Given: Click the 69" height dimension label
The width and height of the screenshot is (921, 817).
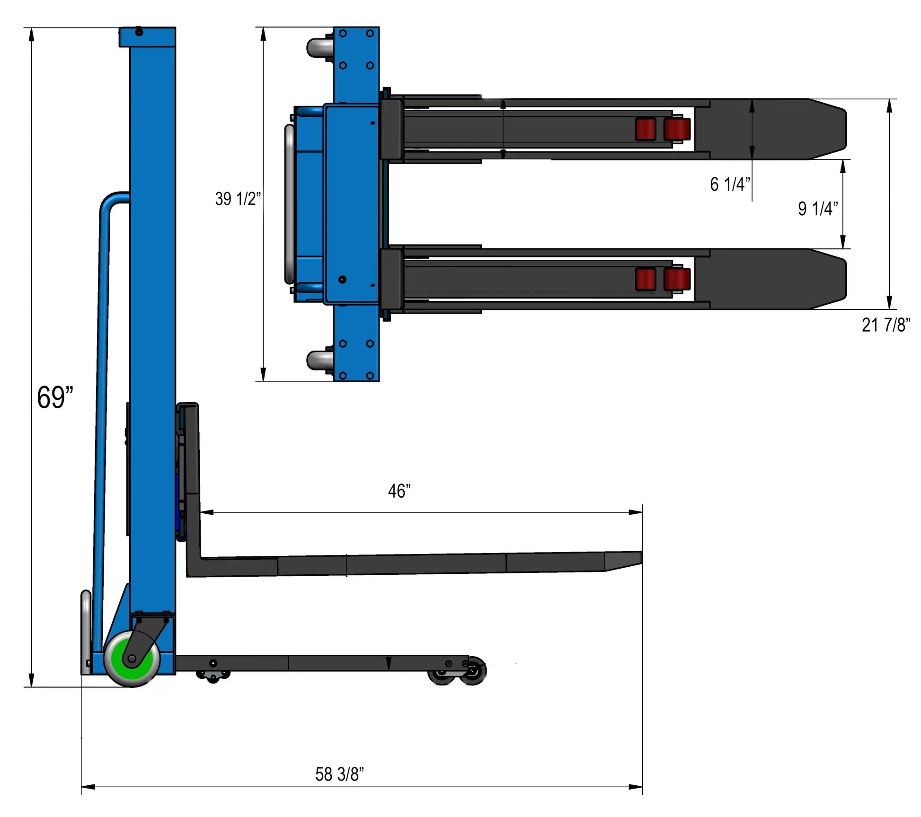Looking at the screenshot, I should point(55,397).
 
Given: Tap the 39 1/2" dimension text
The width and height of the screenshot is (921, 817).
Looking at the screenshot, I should point(238,199).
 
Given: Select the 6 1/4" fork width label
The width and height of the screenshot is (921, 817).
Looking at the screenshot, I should point(730,184).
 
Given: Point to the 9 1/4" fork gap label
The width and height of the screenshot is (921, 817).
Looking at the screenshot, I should point(817,209).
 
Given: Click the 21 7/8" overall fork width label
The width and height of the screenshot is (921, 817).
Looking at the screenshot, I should point(886,325).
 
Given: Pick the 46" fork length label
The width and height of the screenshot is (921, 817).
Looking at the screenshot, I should point(399,491).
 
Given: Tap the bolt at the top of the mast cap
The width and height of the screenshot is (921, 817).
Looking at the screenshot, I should point(139,32).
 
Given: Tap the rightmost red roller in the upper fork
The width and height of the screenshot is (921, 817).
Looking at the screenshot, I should point(677,130).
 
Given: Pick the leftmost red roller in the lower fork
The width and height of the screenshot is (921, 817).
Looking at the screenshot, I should point(645,279).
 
